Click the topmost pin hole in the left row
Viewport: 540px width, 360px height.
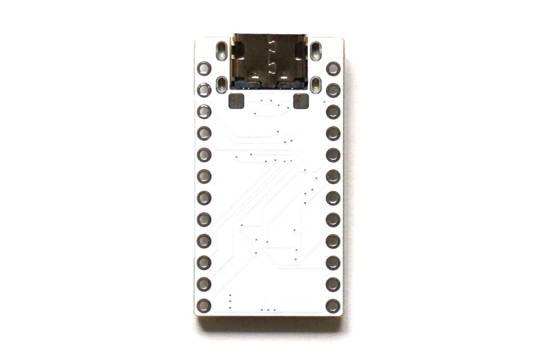click(x=204, y=68)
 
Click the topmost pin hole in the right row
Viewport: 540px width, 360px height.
click(x=333, y=68)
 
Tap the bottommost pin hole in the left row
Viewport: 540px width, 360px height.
click(x=204, y=305)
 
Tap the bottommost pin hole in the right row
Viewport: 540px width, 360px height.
click(x=333, y=305)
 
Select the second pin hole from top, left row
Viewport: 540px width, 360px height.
click(x=204, y=90)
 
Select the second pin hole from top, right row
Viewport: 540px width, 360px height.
click(x=333, y=90)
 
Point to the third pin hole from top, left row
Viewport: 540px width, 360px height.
click(x=204, y=111)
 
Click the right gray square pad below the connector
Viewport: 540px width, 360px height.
click(x=300, y=101)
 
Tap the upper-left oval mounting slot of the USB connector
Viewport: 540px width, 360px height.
click(x=222, y=52)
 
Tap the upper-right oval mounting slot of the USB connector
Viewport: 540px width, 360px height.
click(x=315, y=52)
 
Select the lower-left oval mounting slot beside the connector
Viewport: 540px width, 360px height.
click(x=222, y=84)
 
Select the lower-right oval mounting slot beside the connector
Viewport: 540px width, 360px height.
click(x=315, y=84)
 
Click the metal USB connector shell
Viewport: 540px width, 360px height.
click(x=269, y=61)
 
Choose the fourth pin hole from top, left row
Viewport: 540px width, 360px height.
click(x=204, y=133)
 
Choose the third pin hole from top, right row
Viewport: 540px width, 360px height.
click(x=333, y=111)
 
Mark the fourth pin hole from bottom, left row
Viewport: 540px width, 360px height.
click(x=204, y=241)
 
